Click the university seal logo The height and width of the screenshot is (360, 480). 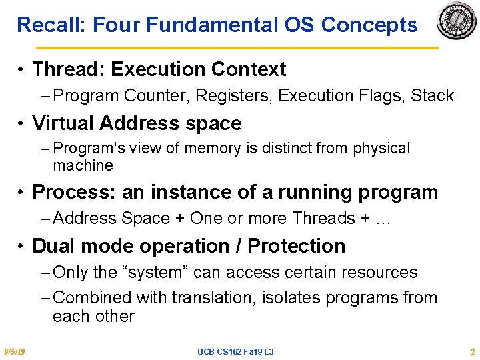(x=456, y=20)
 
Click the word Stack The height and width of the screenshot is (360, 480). (x=432, y=95)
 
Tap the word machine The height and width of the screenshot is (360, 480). (x=83, y=165)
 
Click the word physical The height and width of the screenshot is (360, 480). (x=381, y=149)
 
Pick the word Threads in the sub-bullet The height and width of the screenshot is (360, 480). (x=323, y=218)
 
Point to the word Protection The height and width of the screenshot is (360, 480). (x=296, y=246)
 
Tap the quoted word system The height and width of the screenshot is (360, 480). (x=155, y=272)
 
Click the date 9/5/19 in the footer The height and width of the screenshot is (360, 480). (x=15, y=351)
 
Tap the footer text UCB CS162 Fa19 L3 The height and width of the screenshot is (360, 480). (x=235, y=352)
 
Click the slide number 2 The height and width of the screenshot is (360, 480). (x=473, y=352)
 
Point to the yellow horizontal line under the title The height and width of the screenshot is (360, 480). (x=237, y=48)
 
